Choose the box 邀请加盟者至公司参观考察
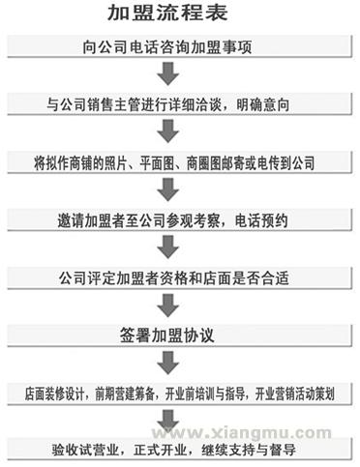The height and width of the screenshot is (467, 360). click(x=180, y=220)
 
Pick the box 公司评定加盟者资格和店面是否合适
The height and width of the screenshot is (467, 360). click(x=180, y=277)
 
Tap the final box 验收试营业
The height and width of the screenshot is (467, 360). click(x=180, y=450)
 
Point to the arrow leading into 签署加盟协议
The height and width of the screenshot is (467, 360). click(x=169, y=306)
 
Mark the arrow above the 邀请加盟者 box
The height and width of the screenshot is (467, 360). click(x=169, y=190)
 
